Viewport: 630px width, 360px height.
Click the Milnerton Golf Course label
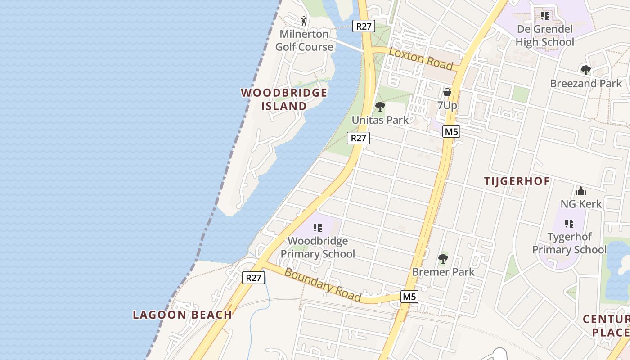(304, 40)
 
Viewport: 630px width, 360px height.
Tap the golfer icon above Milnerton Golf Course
(304, 20)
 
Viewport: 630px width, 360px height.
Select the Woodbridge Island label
(284, 99)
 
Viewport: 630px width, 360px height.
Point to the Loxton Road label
(421, 58)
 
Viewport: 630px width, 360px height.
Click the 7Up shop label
(447, 105)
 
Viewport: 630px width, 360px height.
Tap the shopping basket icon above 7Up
(447, 92)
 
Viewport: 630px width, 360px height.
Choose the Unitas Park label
(380, 120)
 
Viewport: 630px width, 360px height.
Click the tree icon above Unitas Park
(380, 107)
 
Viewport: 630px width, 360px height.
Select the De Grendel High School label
(545, 36)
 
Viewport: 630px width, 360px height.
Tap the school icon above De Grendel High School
(545, 16)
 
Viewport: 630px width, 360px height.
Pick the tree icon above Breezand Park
(585, 70)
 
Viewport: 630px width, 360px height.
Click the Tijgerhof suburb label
(517, 181)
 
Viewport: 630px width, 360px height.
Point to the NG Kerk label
(580, 204)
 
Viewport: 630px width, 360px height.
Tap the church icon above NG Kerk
(580, 191)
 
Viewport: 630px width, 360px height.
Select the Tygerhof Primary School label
(570, 243)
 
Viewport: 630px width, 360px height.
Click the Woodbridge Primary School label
(318, 247)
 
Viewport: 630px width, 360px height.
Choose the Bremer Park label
(443, 272)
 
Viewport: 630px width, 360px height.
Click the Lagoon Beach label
(182, 315)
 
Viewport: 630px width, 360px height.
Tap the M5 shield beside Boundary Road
(409, 297)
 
